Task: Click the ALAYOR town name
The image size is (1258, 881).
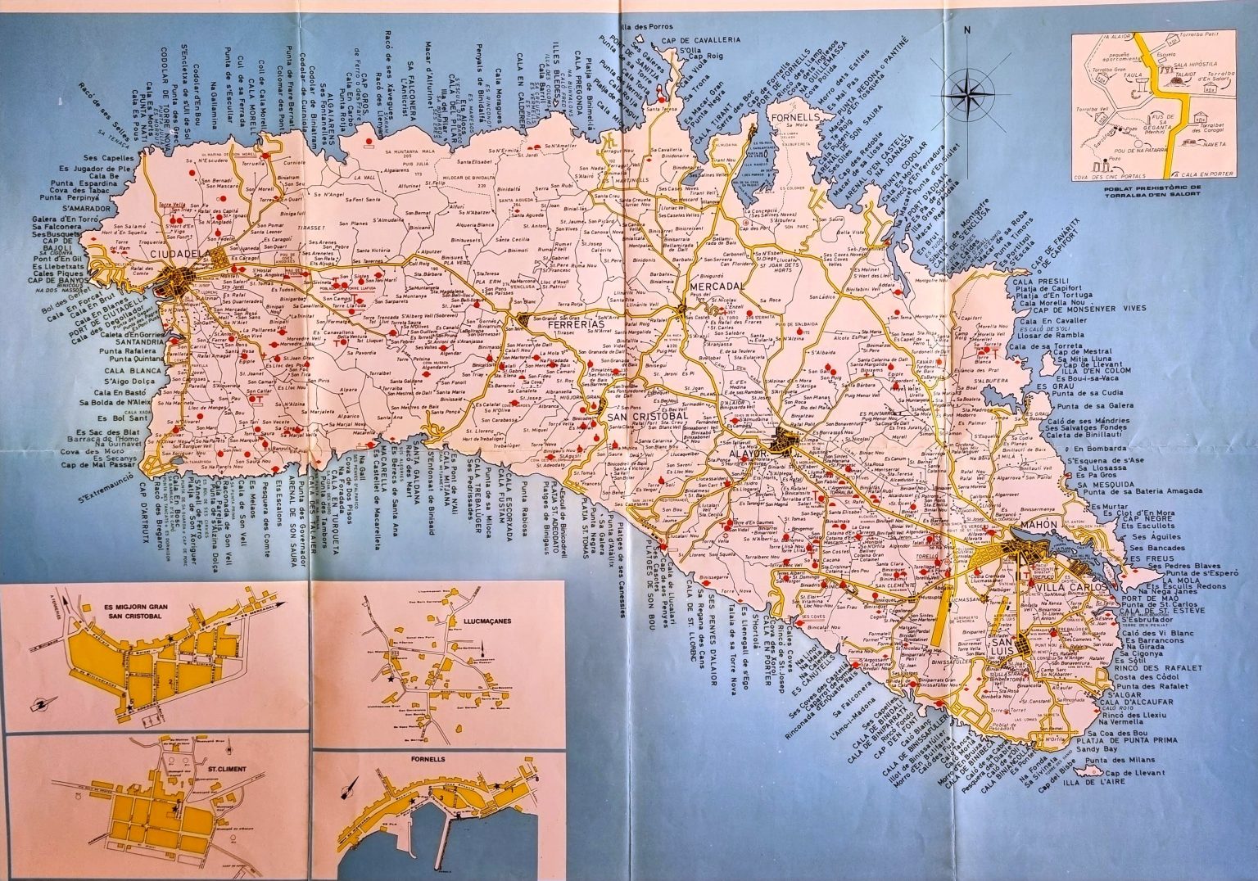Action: [x=743, y=452]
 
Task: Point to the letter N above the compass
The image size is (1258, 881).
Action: [x=967, y=32]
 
